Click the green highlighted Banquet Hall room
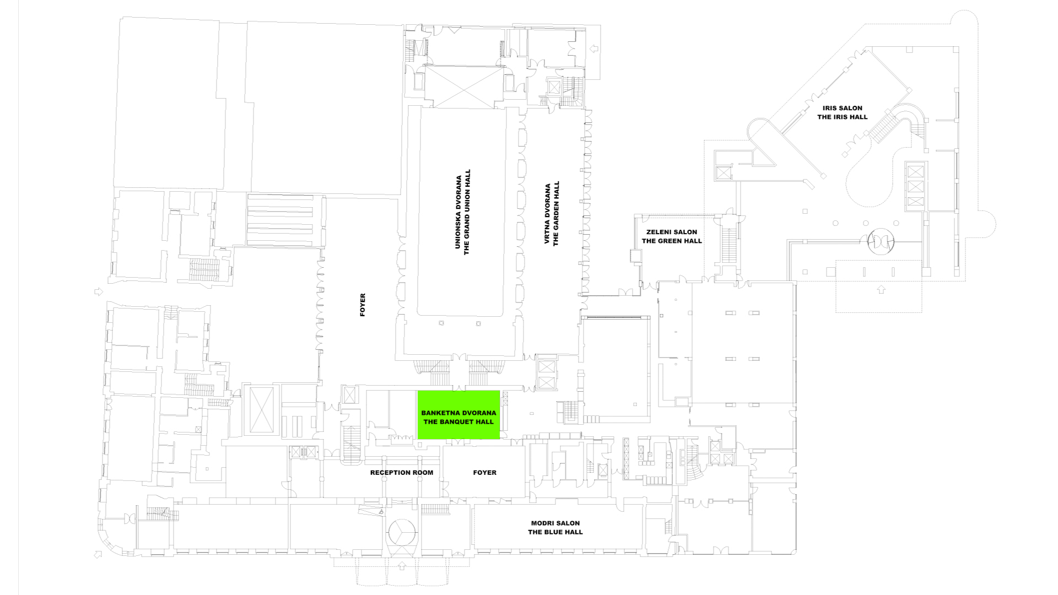[458, 415]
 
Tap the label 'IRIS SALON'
[843, 108]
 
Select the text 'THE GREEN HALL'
[672, 241]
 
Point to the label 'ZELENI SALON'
[672, 232]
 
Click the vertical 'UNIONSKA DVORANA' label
[458, 212]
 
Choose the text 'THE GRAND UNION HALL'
[467, 212]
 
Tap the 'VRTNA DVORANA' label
[547, 214]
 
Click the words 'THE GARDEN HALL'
[556, 214]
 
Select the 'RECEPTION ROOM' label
[402, 473]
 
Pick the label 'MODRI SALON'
[555, 523]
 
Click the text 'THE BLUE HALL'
[555, 532]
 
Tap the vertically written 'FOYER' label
[363, 305]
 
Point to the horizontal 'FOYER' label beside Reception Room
[485, 473]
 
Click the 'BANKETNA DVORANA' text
[458, 413]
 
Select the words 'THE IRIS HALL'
[843, 117]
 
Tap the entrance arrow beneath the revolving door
[881, 289]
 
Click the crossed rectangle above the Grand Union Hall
[464, 86]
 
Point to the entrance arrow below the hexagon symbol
[401, 565]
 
